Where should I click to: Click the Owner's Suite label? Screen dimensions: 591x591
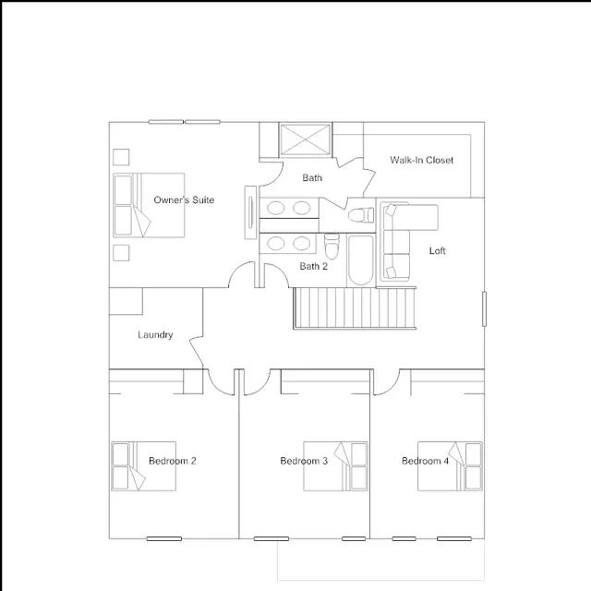[184, 199]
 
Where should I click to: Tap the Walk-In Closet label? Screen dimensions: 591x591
[421, 160]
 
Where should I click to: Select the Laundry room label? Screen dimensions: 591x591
[155, 334]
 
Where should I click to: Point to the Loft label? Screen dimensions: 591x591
[437, 250]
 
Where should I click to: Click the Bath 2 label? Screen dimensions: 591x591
[314, 266]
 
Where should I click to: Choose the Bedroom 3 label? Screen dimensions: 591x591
[304, 461]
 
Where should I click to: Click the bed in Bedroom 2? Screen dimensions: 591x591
[144, 466]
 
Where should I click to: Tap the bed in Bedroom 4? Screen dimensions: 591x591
[450, 466]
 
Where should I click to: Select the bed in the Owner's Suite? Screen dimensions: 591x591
[149, 205]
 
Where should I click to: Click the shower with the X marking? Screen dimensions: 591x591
[306, 139]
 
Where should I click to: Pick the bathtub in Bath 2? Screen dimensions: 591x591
[361, 260]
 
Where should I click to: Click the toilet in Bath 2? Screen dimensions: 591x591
[332, 247]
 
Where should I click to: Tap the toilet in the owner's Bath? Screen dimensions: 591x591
[361, 215]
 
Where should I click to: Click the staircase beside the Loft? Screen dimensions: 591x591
[355, 308]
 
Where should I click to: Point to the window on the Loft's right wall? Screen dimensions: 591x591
[484, 308]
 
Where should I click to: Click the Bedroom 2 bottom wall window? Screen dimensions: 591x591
[164, 538]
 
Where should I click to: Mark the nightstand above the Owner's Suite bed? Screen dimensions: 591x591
[121, 157]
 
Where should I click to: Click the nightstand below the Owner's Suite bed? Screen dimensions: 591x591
[121, 253]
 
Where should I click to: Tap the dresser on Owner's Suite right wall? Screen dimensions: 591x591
[250, 212]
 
